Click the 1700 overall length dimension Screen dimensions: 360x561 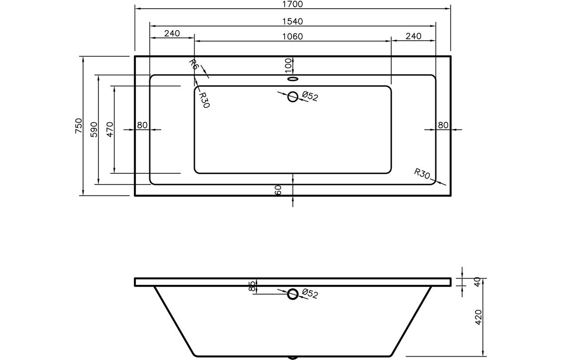[x=292, y=4]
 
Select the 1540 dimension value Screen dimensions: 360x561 [x=292, y=21]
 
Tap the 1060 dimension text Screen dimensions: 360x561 [x=292, y=36]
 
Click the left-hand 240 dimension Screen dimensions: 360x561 [x=172, y=33]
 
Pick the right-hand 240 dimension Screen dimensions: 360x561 [x=413, y=36]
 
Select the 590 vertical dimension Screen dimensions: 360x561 [x=94, y=130]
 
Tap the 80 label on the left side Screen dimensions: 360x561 [x=142, y=125]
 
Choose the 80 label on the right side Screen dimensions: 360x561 [x=443, y=125]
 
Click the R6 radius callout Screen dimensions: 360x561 [x=194, y=65]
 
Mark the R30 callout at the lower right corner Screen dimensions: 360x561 [x=422, y=174]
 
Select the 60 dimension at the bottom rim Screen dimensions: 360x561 [x=279, y=190]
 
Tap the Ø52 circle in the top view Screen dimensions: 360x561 [x=293, y=97]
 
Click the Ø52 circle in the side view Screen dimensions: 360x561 [x=293, y=294]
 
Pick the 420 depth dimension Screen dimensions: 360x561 [x=479, y=317]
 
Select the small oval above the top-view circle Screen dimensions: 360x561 [x=293, y=78]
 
